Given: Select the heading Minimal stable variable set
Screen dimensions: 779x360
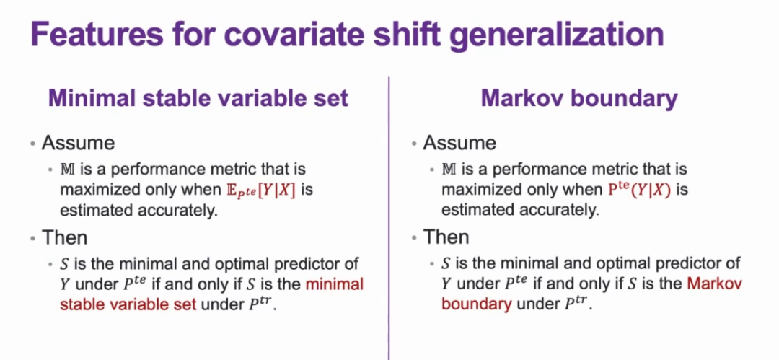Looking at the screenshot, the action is tap(198, 98).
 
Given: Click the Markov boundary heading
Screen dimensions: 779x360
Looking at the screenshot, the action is tap(579, 99).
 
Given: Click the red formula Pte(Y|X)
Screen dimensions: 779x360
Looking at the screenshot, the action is tap(639, 190).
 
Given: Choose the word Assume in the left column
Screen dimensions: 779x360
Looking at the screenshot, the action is tap(79, 143).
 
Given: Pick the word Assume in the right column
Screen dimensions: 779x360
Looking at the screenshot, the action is tap(459, 143).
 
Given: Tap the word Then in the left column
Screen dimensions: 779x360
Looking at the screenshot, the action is tap(65, 237).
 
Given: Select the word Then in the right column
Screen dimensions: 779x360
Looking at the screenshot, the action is tap(446, 237).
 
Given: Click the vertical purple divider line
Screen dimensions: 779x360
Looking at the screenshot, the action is tap(389, 219).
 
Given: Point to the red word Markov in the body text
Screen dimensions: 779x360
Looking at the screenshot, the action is tap(714, 284).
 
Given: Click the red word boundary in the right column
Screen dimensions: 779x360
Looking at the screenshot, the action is tap(477, 304).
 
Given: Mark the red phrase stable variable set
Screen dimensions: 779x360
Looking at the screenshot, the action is tap(129, 304).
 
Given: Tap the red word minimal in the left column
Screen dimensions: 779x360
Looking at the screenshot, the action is tap(335, 284).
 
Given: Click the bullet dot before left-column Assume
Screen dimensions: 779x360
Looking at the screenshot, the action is tap(32, 144).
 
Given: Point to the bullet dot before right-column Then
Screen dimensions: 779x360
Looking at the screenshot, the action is tap(414, 238).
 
